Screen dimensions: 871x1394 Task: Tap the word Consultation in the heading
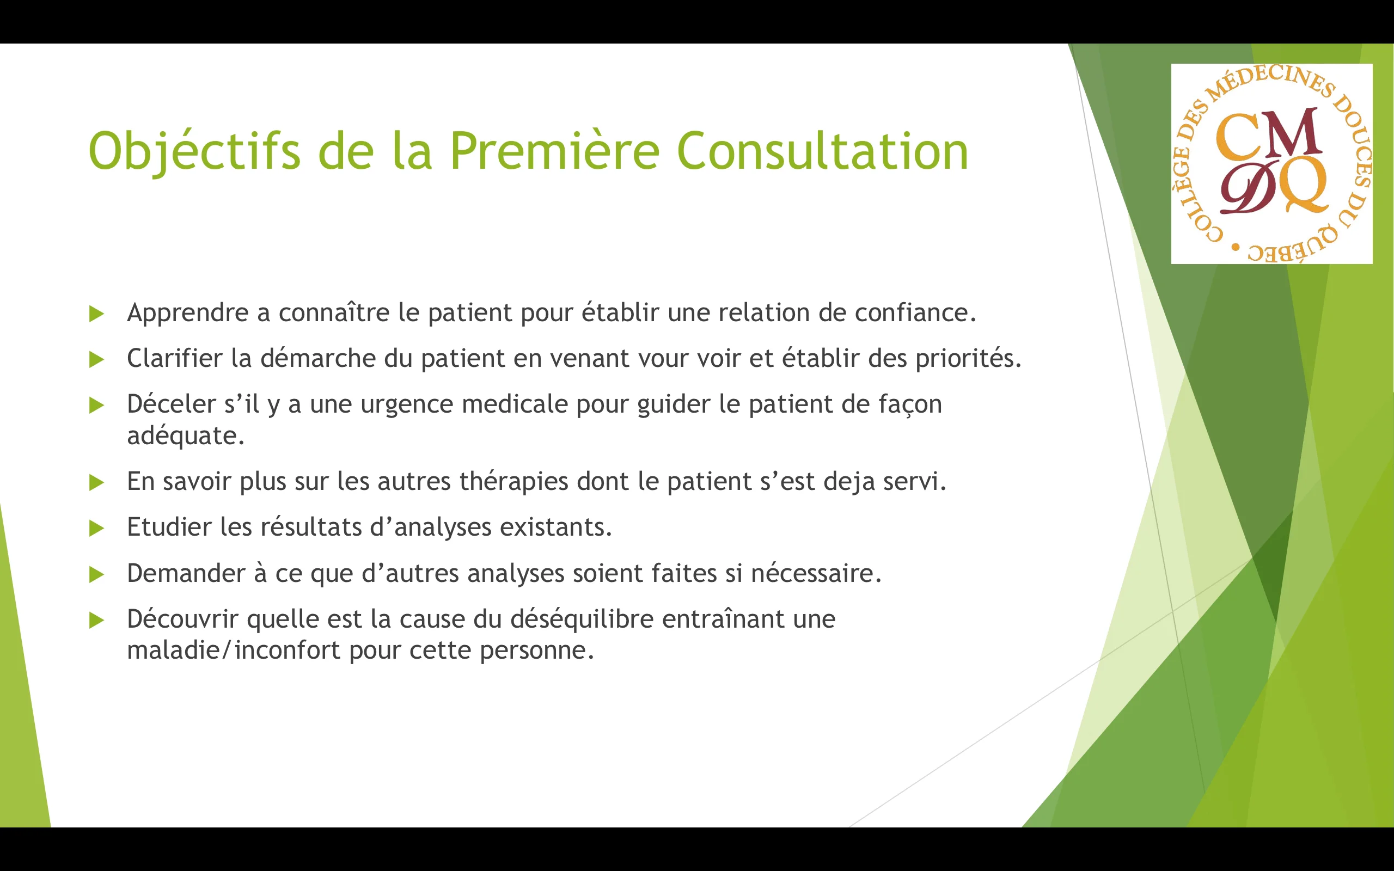[822, 151]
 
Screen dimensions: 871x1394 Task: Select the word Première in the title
[554, 151]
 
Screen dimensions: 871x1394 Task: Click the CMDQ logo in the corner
[1271, 164]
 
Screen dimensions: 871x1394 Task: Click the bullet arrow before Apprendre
[97, 314]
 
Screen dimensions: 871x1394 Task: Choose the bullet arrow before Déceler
[97, 406]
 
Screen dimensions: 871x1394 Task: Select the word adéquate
[186, 436]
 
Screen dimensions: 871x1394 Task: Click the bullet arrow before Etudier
[97, 528]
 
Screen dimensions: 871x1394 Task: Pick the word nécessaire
[816, 573]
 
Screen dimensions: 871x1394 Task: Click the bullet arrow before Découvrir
[97, 621]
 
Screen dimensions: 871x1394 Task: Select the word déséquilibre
[582, 619]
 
